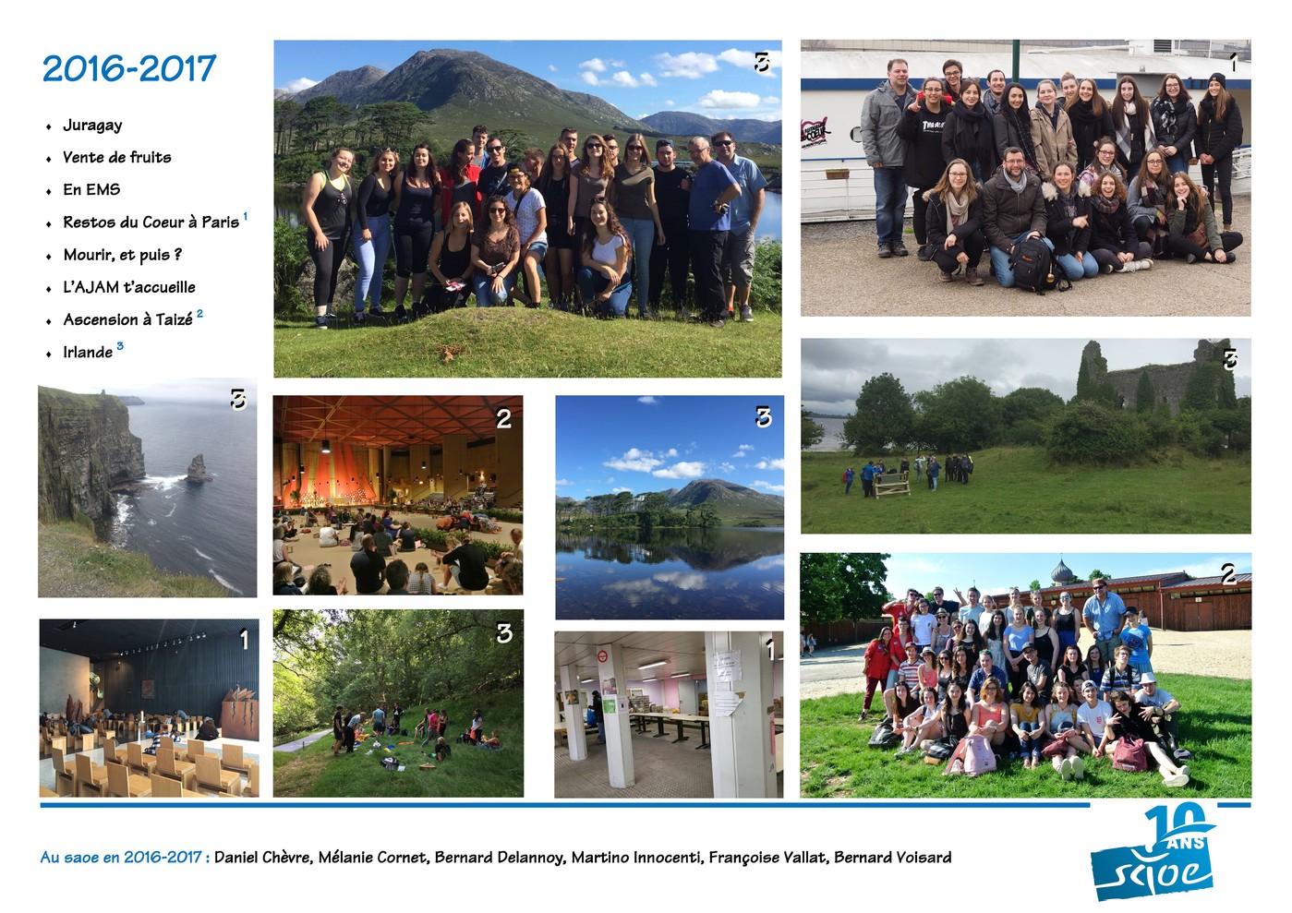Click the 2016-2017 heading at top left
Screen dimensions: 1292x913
click(x=129, y=68)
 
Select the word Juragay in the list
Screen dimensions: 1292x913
click(x=92, y=126)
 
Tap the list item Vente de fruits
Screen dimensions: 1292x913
click(x=117, y=157)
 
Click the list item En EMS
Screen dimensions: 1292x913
click(x=91, y=189)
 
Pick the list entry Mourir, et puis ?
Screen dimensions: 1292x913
click(x=123, y=255)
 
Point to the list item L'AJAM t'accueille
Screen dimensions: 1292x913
click(x=129, y=287)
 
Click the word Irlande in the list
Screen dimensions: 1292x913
click(x=88, y=352)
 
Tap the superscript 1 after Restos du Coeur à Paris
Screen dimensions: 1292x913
click(x=245, y=216)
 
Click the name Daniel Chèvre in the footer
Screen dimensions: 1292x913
click(x=263, y=858)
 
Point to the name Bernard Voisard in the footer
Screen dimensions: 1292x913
click(x=893, y=858)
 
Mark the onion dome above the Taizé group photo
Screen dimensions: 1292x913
click(x=1061, y=571)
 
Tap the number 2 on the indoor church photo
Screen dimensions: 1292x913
click(x=503, y=419)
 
